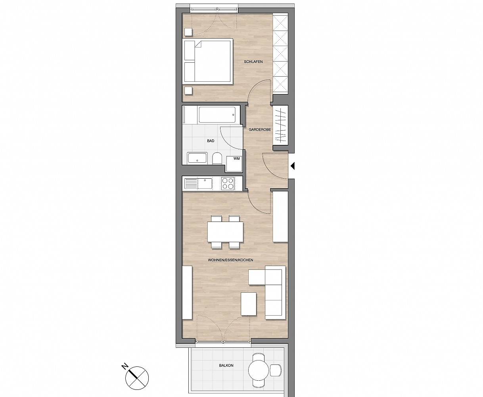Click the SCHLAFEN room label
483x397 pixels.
tap(253, 62)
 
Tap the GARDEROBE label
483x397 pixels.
tap(260, 129)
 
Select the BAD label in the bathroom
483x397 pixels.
tap(211, 141)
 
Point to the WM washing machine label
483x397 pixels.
tap(236, 158)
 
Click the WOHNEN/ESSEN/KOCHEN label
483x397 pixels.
tap(230, 260)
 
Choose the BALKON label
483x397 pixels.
tap(226, 366)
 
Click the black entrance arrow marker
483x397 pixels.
tap(292, 166)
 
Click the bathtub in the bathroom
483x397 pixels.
tap(217, 115)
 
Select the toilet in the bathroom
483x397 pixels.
tap(217, 159)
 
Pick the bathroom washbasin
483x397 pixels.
tap(197, 158)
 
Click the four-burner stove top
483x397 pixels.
tap(228, 183)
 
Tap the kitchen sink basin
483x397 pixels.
tap(205, 183)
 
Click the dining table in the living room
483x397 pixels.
tap(225, 231)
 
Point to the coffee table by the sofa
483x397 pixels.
tap(249, 304)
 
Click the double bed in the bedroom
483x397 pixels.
tap(209, 61)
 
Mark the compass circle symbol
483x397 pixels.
tap(137, 378)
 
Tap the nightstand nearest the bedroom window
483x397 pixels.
tap(188, 32)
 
